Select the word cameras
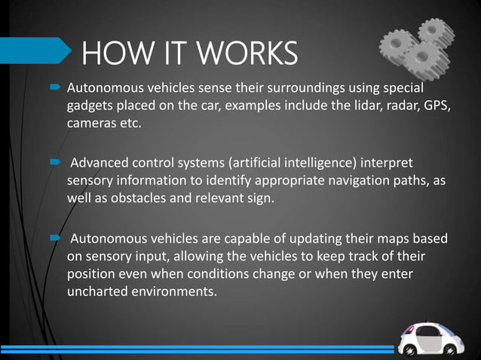(x=91, y=123)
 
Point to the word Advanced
(x=101, y=163)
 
